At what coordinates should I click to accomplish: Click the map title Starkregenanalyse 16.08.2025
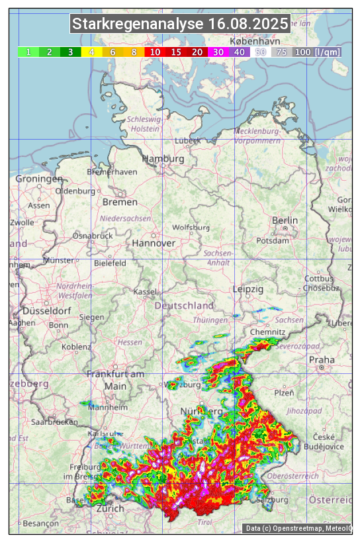click(x=180, y=24)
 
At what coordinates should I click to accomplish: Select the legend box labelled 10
click(x=155, y=52)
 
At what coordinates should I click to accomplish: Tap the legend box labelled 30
click(x=218, y=52)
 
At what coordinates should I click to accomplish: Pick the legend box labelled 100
click(x=302, y=52)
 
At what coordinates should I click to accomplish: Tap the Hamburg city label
click(x=163, y=159)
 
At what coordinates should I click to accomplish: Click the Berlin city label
click(x=285, y=220)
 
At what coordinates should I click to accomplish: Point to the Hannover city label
click(x=154, y=243)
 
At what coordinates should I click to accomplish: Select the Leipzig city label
click(x=248, y=289)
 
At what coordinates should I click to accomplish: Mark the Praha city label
click(x=322, y=360)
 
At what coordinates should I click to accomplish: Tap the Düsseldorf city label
click(x=46, y=310)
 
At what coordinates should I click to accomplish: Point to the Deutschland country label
click(x=184, y=306)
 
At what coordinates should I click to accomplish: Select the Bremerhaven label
click(x=112, y=172)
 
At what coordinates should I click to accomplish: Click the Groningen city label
click(x=39, y=179)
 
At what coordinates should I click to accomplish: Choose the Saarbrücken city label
click(x=54, y=422)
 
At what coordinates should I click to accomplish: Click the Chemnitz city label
click(x=267, y=332)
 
